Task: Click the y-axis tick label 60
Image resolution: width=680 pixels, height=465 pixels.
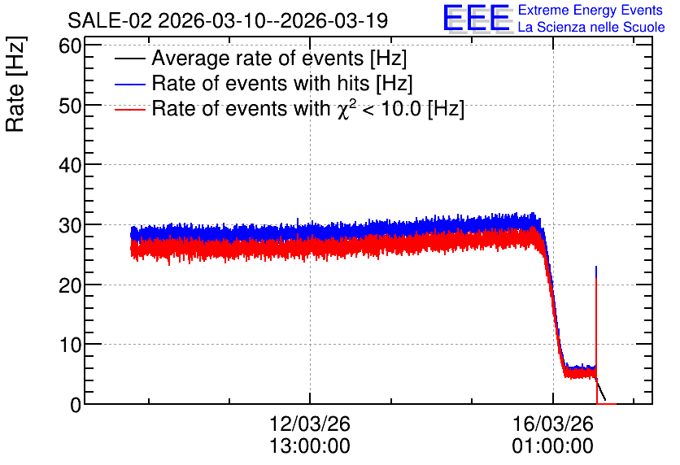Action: [70, 46]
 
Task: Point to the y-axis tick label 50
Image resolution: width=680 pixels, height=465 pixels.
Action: [70, 106]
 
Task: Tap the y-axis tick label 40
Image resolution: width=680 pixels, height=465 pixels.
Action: [70, 166]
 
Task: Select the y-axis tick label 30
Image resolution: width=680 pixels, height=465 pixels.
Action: [70, 225]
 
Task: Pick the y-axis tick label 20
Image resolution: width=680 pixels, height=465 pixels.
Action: [70, 285]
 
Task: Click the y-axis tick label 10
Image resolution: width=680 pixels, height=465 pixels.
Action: [70, 345]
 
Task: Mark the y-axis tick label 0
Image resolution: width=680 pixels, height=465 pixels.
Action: [76, 405]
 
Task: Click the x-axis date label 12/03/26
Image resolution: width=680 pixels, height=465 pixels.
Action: [310, 424]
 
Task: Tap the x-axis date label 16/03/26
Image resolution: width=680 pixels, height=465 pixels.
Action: [553, 424]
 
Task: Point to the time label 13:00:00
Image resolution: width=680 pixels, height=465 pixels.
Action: [310, 446]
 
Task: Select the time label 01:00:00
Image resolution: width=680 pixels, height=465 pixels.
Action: [553, 446]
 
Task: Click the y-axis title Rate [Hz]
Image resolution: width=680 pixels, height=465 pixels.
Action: [15, 84]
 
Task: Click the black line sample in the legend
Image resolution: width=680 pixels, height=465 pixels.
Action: [129, 59]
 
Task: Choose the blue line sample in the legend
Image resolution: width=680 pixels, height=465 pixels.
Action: [129, 84]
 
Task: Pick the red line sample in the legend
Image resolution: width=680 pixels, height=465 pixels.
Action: [129, 109]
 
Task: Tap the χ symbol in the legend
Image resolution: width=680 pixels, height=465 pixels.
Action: [343, 111]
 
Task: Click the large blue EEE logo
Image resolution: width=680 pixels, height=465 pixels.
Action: [477, 18]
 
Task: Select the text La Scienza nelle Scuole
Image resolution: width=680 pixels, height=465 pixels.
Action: [591, 28]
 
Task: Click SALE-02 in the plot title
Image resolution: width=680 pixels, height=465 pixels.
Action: [110, 20]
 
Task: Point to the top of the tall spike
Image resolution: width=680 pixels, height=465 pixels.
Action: [596, 267]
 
